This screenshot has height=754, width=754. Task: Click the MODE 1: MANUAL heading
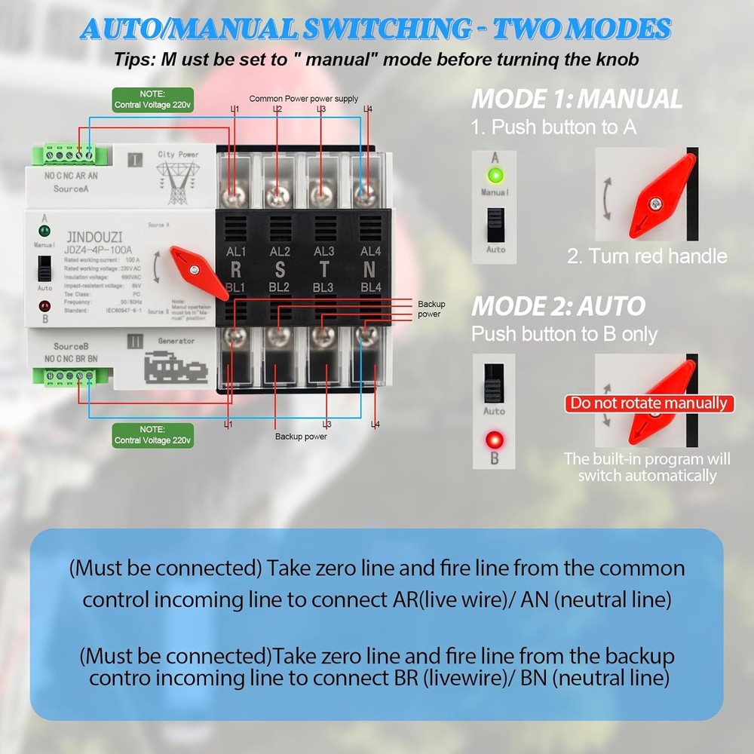[x=576, y=99]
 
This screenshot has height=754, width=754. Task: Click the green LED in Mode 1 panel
[x=495, y=176]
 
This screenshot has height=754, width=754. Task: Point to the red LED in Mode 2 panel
[x=495, y=439]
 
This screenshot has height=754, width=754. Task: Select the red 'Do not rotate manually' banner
[x=649, y=403]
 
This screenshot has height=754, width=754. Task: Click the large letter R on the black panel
[x=235, y=269]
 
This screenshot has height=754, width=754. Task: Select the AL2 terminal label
[x=280, y=252]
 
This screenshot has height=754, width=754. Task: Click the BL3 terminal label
[x=323, y=287]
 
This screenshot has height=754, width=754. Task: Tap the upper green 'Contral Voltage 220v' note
[x=153, y=100]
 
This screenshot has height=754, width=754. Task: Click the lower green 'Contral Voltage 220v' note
[x=153, y=434]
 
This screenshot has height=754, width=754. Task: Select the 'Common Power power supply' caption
[x=303, y=99]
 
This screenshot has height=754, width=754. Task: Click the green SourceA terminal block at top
[x=66, y=155]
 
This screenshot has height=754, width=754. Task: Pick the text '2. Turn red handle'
[x=647, y=256]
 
